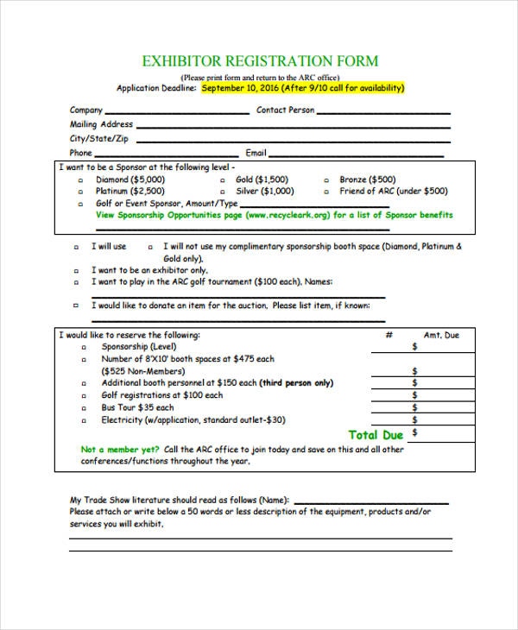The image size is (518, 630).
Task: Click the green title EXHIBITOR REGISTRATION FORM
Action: pyautogui.click(x=260, y=61)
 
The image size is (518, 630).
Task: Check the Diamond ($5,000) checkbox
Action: pyautogui.click(x=81, y=180)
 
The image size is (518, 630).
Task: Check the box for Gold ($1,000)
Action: pyautogui.click(x=222, y=180)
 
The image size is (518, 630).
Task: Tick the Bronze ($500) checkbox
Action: pyautogui.click(x=326, y=180)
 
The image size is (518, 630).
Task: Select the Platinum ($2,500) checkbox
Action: pyautogui.click(x=81, y=192)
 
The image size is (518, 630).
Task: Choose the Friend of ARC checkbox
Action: pyautogui.click(x=326, y=192)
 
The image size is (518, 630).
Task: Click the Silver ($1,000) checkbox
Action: pyautogui.click(x=222, y=192)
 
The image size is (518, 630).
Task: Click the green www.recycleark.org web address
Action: pyautogui.click(x=287, y=215)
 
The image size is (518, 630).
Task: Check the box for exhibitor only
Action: pyautogui.click(x=77, y=270)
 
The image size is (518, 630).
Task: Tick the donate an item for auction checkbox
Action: pyautogui.click(x=77, y=306)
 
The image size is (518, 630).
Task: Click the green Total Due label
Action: pyautogui.click(x=376, y=435)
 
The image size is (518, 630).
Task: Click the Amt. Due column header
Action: pyautogui.click(x=441, y=335)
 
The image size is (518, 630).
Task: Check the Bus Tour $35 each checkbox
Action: pyautogui.click(x=85, y=408)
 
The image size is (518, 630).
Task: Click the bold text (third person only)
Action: pyautogui.click(x=296, y=383)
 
